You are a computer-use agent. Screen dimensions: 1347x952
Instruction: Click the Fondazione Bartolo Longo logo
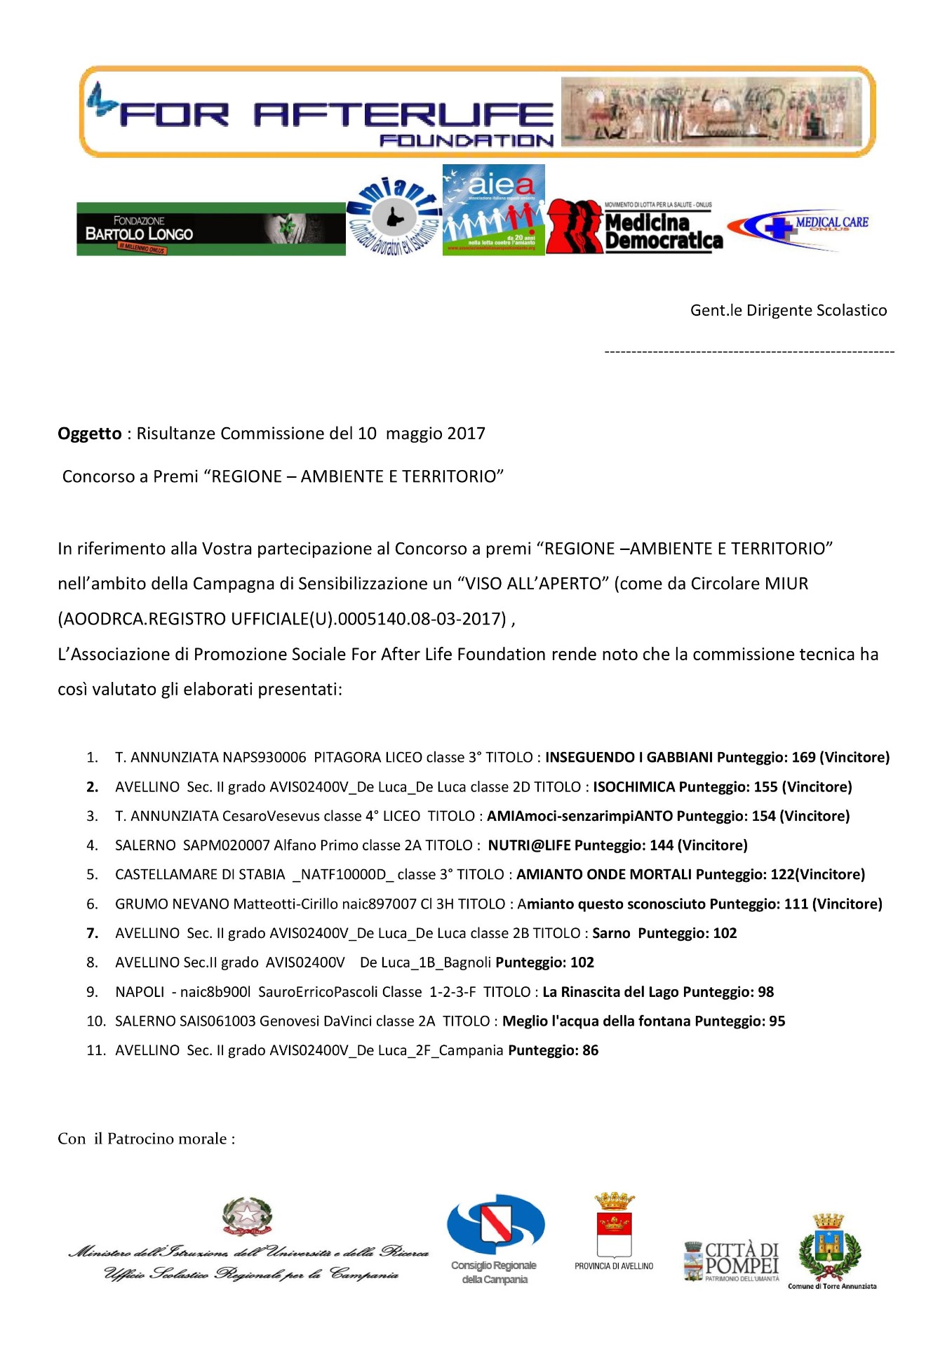tap(210, 229)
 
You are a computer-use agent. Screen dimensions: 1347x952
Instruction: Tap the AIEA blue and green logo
tap(493, 210)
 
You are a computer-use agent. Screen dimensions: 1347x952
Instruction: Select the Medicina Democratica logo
tap(635, 227)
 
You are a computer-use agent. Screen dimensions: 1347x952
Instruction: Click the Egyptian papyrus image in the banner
tap(712, 112)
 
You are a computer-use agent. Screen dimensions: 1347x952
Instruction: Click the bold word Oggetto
tap(90, 434)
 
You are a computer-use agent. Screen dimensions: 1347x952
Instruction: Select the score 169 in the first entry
tap(804, 758)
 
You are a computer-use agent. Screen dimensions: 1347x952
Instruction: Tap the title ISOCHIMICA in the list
tap(633, 787)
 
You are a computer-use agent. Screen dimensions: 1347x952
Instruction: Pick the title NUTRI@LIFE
tap(529, 845)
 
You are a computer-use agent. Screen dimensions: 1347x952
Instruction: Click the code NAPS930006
tap(264, 758)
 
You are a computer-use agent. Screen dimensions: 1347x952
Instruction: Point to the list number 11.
tap(95, 1050)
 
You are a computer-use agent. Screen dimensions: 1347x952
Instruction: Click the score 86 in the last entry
tap(590, 1050)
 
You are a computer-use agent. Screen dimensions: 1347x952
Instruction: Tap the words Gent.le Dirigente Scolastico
tap(788, 311)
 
